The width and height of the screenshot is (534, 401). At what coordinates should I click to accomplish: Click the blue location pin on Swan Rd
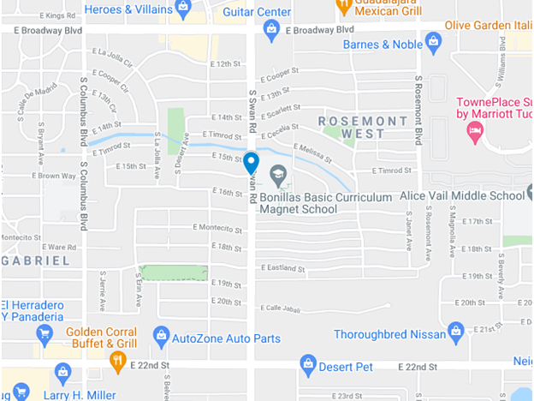point(251,162)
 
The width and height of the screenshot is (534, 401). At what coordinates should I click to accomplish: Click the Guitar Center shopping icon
point(271,30)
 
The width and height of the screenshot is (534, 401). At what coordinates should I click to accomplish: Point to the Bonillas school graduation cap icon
point(277,177)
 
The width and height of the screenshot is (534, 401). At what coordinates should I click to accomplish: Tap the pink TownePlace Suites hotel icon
point(473,131)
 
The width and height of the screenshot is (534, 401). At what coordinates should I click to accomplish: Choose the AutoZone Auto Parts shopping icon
point(160,335)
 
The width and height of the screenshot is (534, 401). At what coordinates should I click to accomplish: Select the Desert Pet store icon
point(308,367)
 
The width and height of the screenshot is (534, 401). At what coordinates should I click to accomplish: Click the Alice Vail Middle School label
point(462,195)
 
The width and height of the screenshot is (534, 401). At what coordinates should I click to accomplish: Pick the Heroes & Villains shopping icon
point(182,9)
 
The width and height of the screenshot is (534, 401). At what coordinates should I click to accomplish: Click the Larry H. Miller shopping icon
point(62,372)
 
